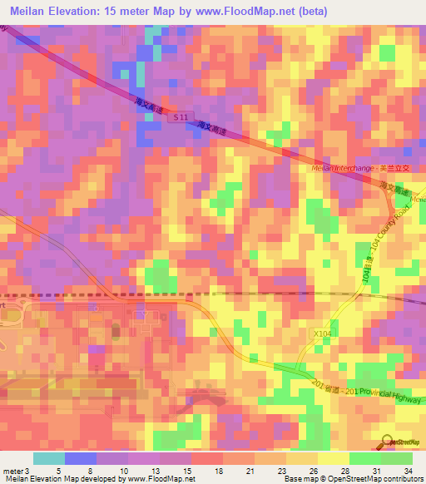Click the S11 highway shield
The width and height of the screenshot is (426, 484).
pos(181,119)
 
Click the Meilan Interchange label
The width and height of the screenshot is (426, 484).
pos(329,168)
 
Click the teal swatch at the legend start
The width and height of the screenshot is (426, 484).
pos(49,458)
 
